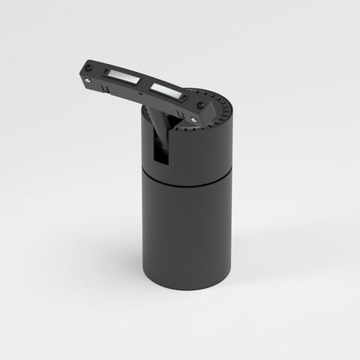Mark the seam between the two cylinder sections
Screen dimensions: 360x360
coord(187,175)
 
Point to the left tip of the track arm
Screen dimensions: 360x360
coord(80,71)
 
